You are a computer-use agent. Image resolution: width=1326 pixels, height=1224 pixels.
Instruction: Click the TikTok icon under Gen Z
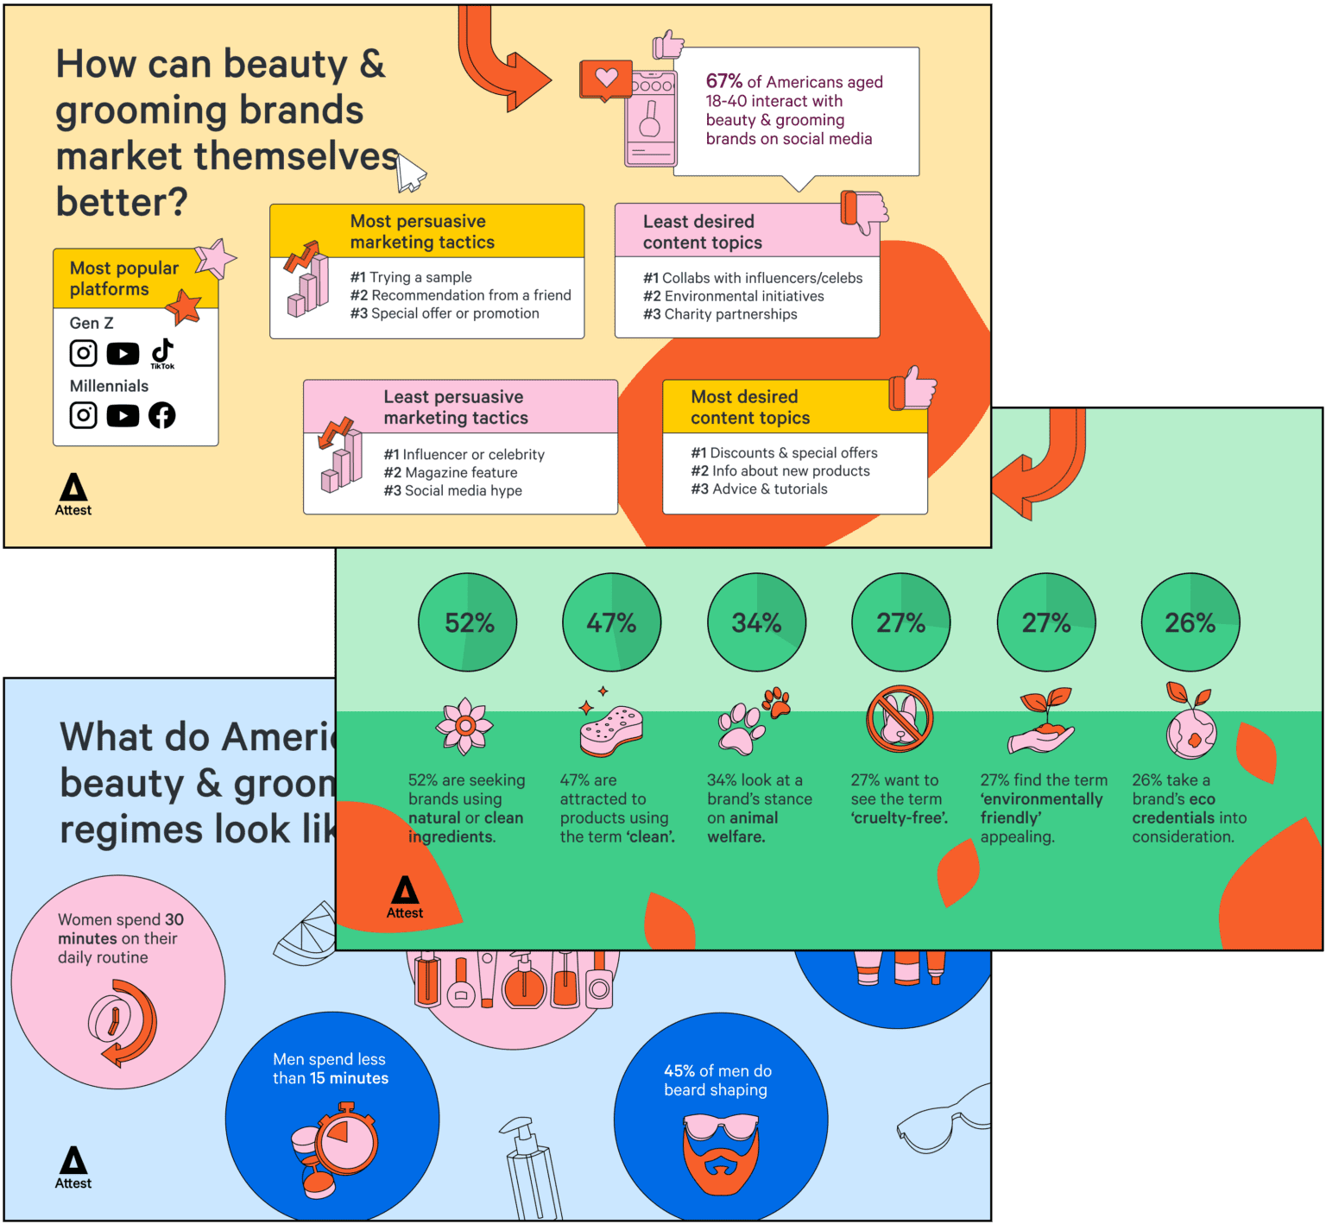click(162, 352)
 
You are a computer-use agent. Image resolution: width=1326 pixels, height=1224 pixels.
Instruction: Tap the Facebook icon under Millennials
click(161, 415)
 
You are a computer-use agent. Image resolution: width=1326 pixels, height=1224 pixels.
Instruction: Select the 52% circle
click(468, 622)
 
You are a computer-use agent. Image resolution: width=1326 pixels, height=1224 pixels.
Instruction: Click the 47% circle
click(612, 622)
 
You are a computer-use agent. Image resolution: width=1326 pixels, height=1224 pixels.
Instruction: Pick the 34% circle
click(757, 622)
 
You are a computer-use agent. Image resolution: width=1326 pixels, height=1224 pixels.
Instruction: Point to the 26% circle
click(1190, 622)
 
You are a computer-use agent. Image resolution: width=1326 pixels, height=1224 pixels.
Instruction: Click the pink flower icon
click(465, 726)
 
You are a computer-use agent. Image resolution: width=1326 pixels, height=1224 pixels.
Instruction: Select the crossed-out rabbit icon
click(900, 719)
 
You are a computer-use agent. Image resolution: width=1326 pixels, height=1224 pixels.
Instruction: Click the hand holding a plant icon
click(1043, 722)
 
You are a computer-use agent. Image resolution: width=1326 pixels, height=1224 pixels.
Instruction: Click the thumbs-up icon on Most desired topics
click(913, 388)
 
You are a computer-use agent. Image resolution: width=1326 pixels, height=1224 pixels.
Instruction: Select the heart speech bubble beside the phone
click(606, 79)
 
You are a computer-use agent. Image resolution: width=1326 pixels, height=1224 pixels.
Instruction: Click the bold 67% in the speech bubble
click(723, 81)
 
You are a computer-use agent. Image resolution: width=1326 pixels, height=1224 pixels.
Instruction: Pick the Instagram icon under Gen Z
click(84, 353)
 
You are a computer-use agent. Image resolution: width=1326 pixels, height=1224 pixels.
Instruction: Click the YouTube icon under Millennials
click(123, 416)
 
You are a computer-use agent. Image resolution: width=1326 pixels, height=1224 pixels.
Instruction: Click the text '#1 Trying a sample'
click(411, 277)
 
